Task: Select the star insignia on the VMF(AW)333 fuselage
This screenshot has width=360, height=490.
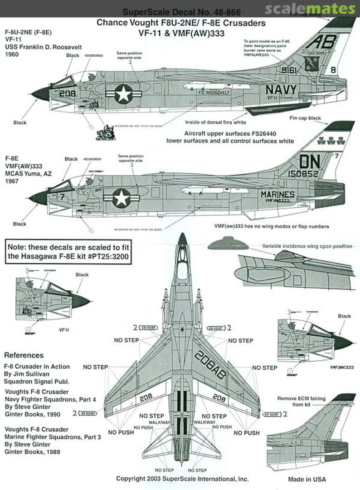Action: (121, 198)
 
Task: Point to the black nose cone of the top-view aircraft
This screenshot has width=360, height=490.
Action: (182, 239)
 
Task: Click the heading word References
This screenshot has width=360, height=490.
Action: (24, 355)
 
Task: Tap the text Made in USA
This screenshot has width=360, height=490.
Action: (307, 479)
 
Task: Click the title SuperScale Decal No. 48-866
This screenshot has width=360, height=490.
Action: (181, 13)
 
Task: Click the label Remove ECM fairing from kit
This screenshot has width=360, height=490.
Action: (302, 401)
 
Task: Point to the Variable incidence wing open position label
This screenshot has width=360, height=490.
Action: (307, 246)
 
